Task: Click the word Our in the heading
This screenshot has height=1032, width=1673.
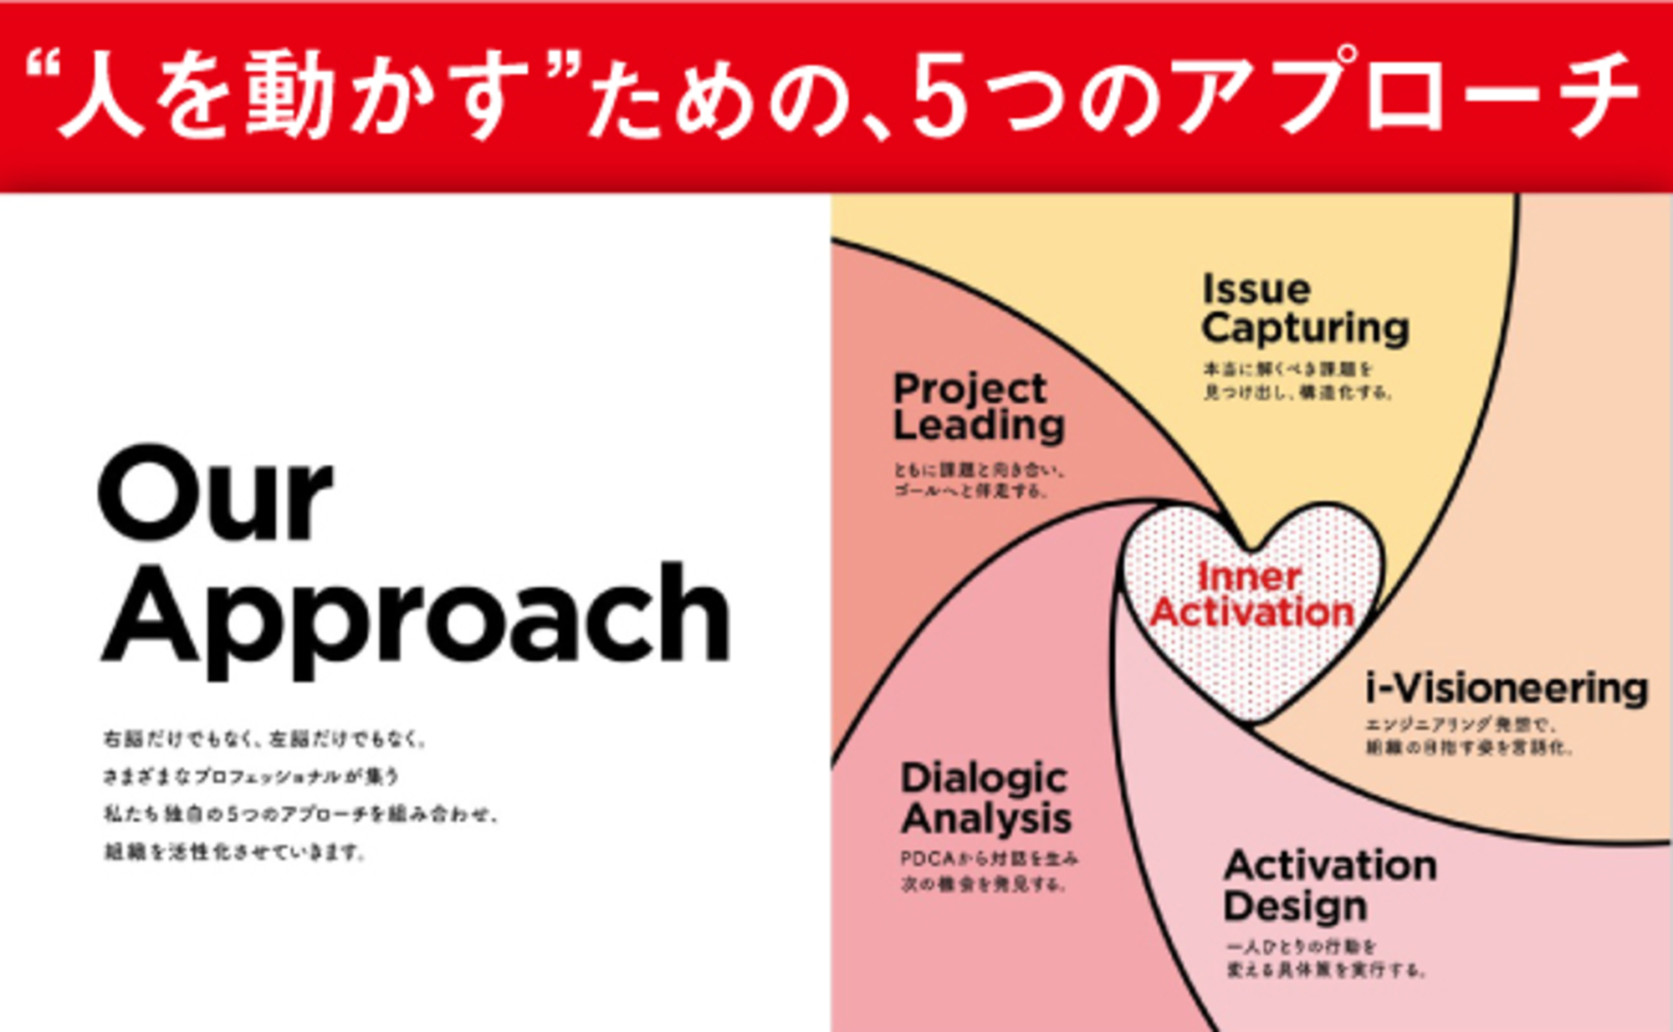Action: coord(215,495)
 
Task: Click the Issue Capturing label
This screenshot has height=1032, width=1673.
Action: coord(1305,308)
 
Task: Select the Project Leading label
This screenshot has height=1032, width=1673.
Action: coord(979,406)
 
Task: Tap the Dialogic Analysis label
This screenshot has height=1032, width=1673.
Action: coord(985,798)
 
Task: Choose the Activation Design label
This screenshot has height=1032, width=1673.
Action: coord(1330,885)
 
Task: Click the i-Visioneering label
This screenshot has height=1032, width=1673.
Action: coord(1506,688)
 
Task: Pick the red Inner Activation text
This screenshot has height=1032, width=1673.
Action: coord(1251,595)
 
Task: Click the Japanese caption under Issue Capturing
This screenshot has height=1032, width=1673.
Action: coord(1297,381)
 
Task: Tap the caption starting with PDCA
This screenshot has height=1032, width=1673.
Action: coord(989,871)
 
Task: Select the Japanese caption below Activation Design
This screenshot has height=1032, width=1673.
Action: coord(1325,958)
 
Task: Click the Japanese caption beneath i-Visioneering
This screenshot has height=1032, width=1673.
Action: coord(1469,736)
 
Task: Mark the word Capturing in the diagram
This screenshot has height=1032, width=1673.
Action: coord(1305,327)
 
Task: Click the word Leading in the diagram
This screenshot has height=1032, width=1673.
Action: coord(979,425)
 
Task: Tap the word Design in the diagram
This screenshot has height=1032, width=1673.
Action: coord(1295,906)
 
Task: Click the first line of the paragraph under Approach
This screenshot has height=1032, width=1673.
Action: coord(264,739)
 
